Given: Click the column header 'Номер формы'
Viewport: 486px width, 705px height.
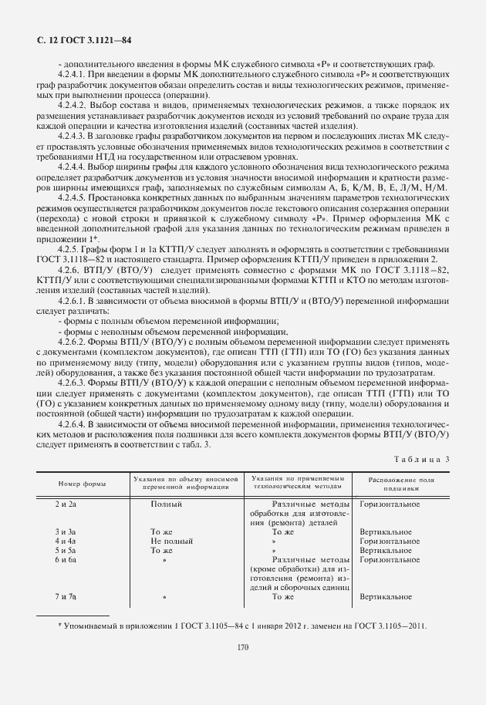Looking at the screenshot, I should click(x=80, y=484).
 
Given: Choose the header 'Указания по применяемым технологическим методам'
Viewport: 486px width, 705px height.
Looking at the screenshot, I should click(x=296, y=484).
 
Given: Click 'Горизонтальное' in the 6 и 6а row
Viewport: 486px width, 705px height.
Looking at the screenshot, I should click(x=390, y=560).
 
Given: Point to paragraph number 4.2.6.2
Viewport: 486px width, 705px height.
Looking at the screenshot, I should click(x=73, y=340).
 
